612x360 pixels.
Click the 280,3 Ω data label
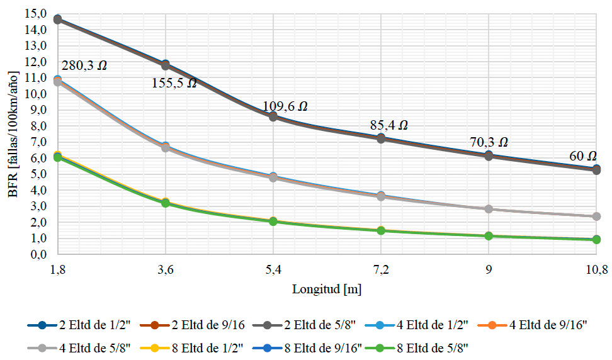point(84,64)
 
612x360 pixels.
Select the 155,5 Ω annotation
point(174,82)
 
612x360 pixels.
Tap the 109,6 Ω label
point(285,106)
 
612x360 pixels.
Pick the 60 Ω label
point(582,155)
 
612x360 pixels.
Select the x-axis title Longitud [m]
point(326,289)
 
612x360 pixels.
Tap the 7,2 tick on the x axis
point(380,269)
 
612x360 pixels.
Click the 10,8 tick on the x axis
point(596,269)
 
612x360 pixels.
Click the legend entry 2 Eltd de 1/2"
point(80,325)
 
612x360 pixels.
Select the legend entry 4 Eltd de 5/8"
point(80,346)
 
